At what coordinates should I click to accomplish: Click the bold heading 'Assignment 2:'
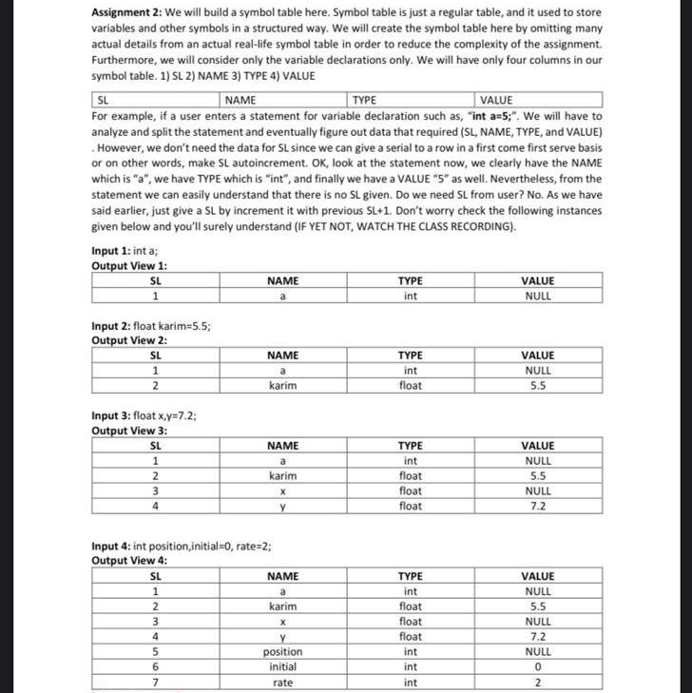[127, 14]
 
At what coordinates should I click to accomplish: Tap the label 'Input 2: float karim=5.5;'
[151, 325]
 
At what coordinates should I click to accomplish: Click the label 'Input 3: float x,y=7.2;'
[144, 415]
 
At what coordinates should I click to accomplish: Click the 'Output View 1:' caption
[129, 265]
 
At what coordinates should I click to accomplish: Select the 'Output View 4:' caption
[129, 561]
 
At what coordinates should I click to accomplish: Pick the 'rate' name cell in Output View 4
[282, 683]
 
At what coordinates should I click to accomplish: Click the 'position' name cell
[282, 652]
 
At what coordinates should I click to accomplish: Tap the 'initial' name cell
[282, 667]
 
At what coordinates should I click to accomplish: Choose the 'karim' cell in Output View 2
[282, 386]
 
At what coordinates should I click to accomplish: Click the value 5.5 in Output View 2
[538, 386]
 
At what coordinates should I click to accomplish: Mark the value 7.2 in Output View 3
[538, 507]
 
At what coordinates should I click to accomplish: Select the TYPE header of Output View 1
[410, 280]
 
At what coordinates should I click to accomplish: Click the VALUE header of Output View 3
[538, 446]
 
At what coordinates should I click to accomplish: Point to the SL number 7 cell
[156, 683]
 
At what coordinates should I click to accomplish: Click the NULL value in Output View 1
[538, 296]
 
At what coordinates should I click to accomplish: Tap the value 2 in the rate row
[538, 683]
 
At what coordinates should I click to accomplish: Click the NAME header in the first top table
[240, 100]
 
